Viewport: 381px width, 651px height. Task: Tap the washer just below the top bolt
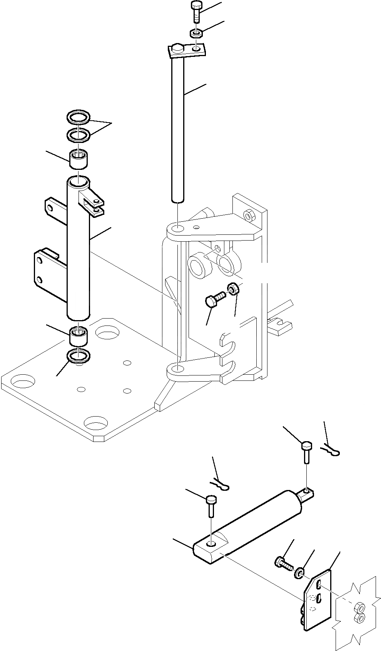pos(196,34)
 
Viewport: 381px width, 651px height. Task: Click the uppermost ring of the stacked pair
pos(79,116)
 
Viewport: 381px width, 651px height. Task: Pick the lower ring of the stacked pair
pos(79,135)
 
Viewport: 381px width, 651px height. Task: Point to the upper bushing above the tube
pos(78,159)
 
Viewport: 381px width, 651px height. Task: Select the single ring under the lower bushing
pos(79,356)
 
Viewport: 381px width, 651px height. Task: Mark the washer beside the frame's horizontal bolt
pos(233,288)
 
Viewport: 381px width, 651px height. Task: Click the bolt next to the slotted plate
pos(283,563)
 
